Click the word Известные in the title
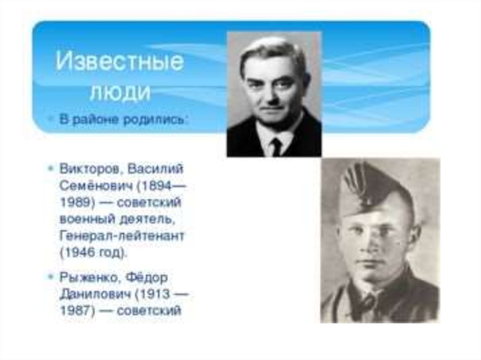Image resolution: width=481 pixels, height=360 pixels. coord(120,61)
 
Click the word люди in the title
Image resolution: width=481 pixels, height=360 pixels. coord(121,92)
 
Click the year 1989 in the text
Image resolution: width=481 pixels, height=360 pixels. coord(76,203)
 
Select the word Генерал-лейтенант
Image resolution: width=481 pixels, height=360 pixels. coord(122,236)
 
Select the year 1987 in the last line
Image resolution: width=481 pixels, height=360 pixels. coord(76,311)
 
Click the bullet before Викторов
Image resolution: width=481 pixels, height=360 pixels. coord(51,168)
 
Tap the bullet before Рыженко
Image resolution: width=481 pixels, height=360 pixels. coord(51,276)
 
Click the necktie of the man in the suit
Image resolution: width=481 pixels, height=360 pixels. coord(276,147)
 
